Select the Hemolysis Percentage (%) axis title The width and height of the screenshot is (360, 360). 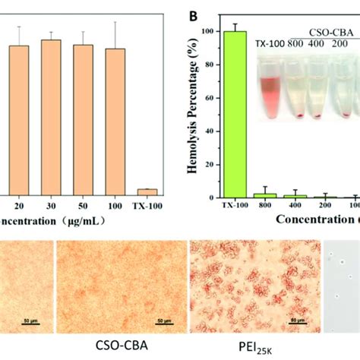196,99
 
